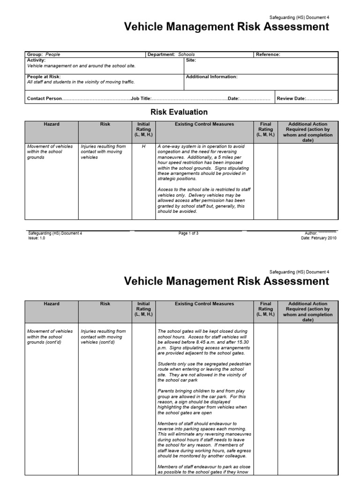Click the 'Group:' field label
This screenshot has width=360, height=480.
(35, 54)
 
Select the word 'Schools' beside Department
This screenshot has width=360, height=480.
(186, 54)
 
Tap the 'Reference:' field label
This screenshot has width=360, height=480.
(268, 54)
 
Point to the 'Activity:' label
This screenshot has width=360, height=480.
(37, 60)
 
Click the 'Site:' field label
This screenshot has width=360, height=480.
(191, 60)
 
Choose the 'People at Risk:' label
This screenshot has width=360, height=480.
(44, 76)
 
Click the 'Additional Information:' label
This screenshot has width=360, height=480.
(212, 76)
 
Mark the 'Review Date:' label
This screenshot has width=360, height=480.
(292, 99)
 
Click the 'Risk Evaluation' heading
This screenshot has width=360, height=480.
(179, 112)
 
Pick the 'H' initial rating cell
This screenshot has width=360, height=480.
(143, 146)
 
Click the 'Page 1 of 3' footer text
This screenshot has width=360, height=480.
(188, 233)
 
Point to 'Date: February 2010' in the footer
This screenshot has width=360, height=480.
(318, 238)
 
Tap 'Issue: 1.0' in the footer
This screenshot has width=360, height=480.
(37, 238)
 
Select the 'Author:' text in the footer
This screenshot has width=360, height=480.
(311, 233)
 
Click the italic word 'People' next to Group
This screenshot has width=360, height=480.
(52, 54)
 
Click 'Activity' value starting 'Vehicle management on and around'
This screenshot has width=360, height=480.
(81, 66)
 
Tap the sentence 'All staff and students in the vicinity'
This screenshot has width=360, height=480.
(81, 82)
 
